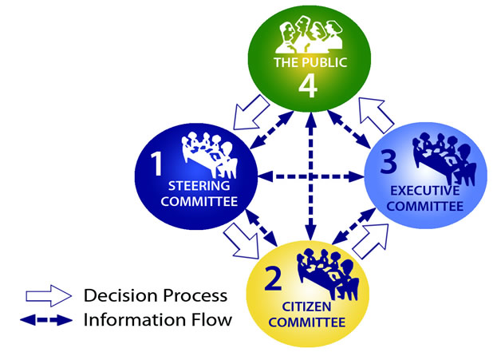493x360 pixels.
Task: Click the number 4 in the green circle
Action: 309,84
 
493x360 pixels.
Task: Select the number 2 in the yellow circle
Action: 274,280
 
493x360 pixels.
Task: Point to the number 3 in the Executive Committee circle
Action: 388,163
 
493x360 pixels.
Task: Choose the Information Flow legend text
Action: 157,321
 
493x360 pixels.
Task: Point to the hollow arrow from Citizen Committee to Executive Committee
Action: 369,240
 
